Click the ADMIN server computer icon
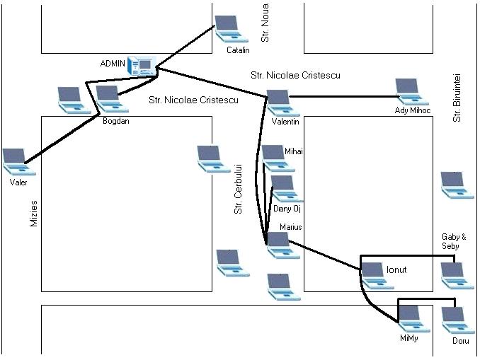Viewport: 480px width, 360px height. pyautogui.click(x=144, y=66)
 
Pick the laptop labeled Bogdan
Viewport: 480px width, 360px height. pyautogui.click(x=108, y=100)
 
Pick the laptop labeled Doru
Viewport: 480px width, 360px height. pyautogui.click(x=455, y=320)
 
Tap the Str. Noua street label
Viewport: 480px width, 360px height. pyautogui.click(x=266, y=26)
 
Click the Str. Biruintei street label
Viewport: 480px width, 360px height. pyautogui.click(x=458, y=98)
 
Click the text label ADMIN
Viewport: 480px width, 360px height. pyautogui.click(x=113, y=64)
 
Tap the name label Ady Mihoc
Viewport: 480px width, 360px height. pyautogui.click(x=412, y=111)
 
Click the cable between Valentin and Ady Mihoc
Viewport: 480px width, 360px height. pyautogui.click(x=340, y=97)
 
